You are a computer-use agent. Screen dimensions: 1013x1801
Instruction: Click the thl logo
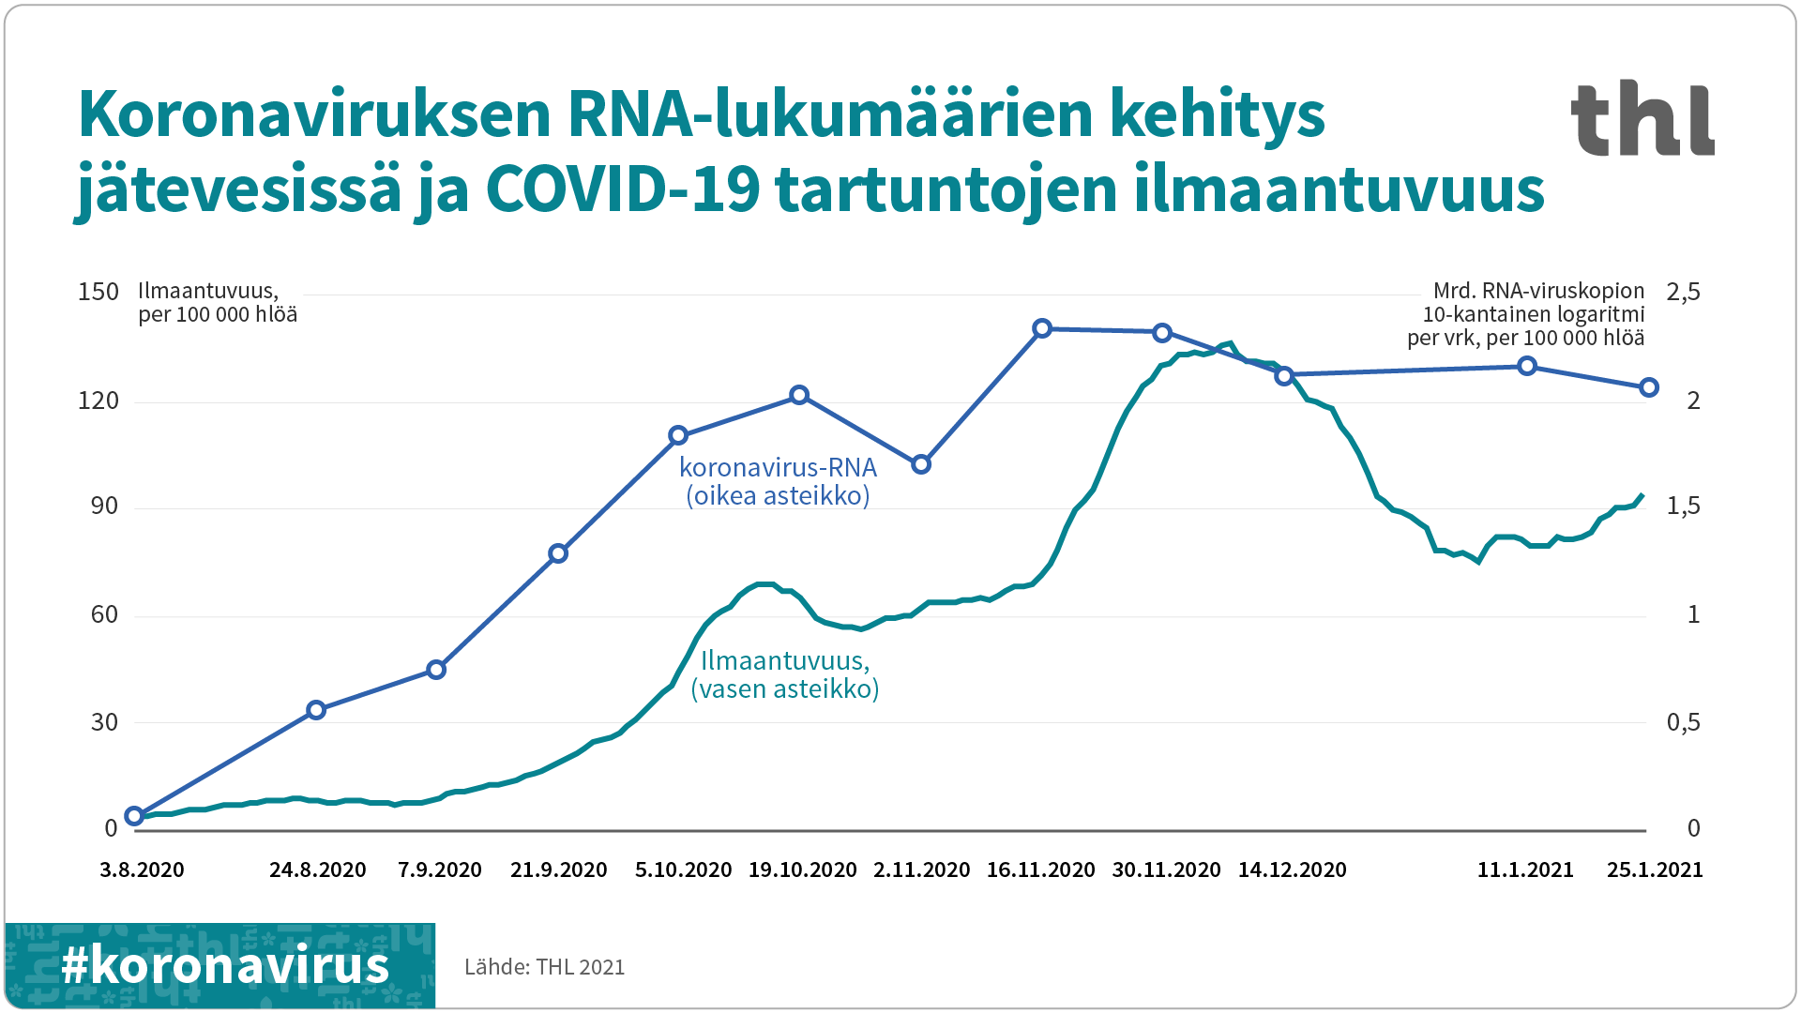pos(1642,119)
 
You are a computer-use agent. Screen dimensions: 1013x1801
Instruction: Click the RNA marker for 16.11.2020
pos(1042,328)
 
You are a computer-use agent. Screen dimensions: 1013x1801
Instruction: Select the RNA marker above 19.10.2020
pos(799,395)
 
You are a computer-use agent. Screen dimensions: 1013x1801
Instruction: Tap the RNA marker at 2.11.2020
pos(921,464)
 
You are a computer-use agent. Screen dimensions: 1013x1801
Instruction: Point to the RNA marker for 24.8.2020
pos(316,710)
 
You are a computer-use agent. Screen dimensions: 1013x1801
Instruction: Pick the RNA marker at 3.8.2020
pos(134,816)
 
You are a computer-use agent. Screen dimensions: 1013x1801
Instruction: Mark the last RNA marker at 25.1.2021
pos(1649,387)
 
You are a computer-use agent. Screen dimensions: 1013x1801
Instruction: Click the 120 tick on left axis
pos(98,401)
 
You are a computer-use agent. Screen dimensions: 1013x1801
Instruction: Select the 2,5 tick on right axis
pos(1683,293)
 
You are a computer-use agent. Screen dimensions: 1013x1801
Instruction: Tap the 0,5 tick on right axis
pos(1683,723)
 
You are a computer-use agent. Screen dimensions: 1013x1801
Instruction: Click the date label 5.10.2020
pos(683,870)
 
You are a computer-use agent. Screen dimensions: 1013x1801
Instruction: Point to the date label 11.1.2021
pos(1525,870)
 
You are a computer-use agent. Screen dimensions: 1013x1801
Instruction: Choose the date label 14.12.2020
pos(1292,870)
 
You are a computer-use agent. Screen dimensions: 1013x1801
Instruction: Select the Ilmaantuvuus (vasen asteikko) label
pos(785,674)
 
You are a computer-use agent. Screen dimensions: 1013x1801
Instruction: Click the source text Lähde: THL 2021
pos(544,967)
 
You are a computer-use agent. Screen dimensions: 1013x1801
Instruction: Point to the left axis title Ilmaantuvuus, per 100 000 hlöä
pos(217,302)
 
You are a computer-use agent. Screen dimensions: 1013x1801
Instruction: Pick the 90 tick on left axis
pos(104,507)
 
